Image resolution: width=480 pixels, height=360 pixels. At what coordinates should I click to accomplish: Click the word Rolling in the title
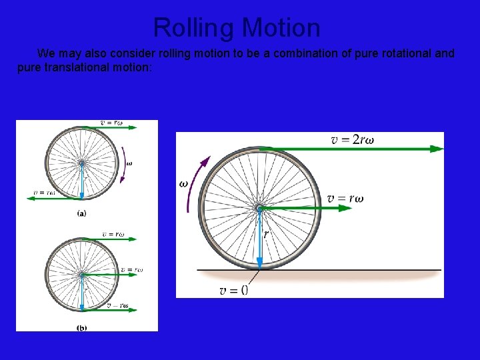point(194,28)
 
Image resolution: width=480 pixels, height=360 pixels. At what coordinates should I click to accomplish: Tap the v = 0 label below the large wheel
point(233,289)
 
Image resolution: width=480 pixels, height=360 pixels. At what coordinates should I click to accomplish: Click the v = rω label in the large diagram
point(345,198)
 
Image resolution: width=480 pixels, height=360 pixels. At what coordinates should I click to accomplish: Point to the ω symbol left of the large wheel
point(183,183)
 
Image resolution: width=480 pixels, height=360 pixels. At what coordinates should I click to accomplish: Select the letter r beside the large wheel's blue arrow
point(266,234)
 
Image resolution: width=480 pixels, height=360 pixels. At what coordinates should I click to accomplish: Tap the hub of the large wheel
point(259,209)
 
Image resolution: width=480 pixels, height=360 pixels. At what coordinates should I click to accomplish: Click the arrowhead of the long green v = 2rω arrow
point(436,149)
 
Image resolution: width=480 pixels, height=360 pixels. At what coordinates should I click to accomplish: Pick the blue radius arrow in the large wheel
point(259,240)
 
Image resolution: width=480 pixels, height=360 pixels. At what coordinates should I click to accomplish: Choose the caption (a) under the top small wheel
point(81,213)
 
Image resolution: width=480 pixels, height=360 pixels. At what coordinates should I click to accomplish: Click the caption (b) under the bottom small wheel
point(81,327)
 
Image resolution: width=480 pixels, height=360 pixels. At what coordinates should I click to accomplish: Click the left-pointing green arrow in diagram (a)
point(53,198)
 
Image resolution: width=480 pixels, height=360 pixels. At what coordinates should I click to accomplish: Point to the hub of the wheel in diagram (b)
point(81,274)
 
